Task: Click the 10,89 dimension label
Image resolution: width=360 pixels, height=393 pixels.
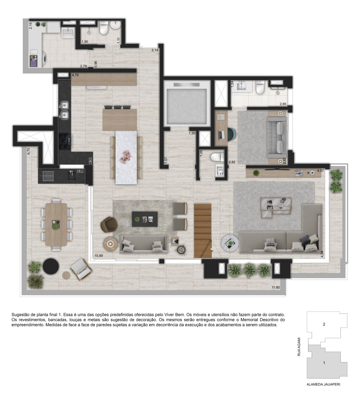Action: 99,256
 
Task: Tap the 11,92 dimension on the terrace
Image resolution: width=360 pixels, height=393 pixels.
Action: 275,287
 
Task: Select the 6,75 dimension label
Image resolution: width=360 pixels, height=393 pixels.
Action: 28,151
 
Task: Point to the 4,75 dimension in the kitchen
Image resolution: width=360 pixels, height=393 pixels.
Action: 75,75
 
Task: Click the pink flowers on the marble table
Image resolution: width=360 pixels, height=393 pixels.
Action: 126,157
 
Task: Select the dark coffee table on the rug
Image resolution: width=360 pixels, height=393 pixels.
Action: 145,219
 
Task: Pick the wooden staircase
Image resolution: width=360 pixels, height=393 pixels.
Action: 203,231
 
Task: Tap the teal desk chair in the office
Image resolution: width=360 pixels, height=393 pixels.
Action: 232,134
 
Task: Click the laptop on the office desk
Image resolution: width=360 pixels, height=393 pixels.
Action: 221,135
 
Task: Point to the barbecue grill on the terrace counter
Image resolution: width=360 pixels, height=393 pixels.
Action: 47,176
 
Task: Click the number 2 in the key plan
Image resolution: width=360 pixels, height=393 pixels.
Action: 324,324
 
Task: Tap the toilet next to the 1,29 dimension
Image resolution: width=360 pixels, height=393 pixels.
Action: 217,157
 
